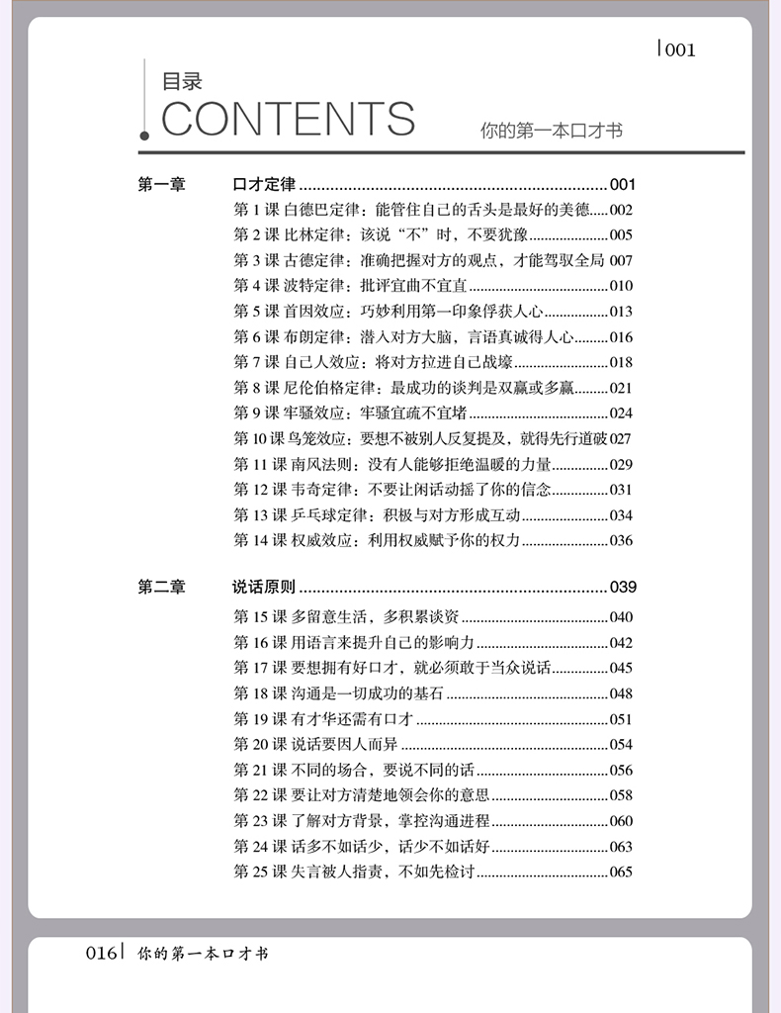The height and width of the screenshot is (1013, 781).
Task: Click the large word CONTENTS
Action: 288,119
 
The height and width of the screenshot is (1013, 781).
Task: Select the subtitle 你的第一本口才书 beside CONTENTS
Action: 552,130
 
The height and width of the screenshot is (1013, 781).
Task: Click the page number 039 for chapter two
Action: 623,588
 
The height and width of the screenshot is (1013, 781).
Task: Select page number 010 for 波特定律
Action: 621,286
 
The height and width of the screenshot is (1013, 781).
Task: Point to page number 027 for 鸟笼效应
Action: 621,438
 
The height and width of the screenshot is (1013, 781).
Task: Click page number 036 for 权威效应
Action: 621,540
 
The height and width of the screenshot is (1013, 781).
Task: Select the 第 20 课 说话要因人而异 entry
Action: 316,744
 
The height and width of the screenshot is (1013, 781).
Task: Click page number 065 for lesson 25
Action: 621,872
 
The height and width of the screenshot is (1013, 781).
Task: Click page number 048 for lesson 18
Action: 621,693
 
